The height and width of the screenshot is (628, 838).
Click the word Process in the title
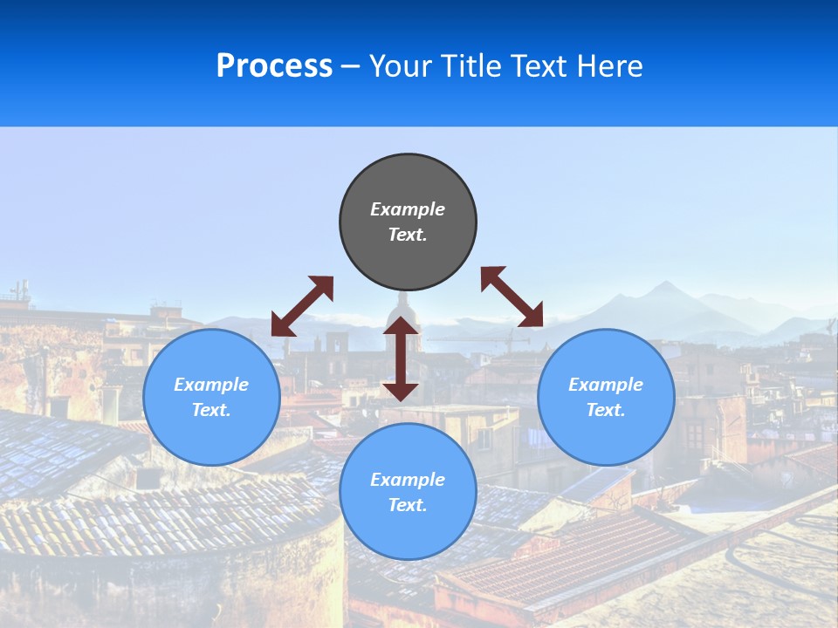274,66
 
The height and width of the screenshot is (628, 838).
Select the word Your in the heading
400,66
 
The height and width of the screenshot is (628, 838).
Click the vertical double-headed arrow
401,358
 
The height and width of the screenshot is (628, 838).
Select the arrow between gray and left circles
302,306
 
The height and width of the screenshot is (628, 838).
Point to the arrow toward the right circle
512,297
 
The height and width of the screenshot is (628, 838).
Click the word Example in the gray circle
408,209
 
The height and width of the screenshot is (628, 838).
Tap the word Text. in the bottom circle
408,505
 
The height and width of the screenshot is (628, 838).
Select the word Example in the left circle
211,385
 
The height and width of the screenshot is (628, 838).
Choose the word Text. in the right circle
606,410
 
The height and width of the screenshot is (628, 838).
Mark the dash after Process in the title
350,67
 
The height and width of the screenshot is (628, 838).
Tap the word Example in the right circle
606,385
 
